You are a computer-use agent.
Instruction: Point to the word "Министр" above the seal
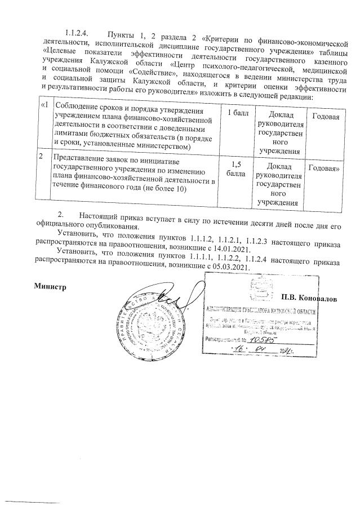[51, 286]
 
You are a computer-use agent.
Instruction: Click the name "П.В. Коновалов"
[309, 298]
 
